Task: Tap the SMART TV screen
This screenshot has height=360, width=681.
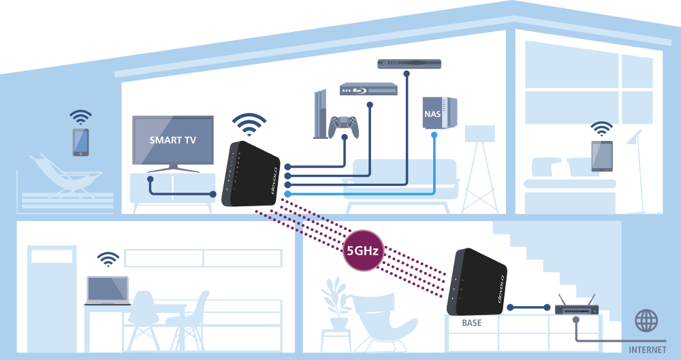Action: click(173, 140)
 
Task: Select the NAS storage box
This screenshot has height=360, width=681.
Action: click(439, 112)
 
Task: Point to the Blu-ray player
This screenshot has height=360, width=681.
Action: click(368, 89)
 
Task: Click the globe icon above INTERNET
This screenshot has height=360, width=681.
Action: click(646, 321)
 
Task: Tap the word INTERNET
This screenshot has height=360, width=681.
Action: click(648, 350)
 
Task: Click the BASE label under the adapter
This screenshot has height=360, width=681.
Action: click(471, 323)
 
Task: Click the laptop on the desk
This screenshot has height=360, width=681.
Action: click(107, 291)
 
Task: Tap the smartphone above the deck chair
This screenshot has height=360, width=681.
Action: click(81, 142)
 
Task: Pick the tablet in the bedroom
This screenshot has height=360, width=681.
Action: click(601, 156)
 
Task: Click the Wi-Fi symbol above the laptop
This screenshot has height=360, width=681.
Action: click(108, 259)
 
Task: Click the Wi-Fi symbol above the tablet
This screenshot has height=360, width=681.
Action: click(601, 129)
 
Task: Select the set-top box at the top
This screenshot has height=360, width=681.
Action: click(409, 63)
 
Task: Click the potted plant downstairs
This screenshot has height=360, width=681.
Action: click(338, 303)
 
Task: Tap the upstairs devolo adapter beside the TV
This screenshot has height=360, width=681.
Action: click(251, 174)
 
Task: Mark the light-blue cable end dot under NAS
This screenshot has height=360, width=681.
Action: click(434, 135)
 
